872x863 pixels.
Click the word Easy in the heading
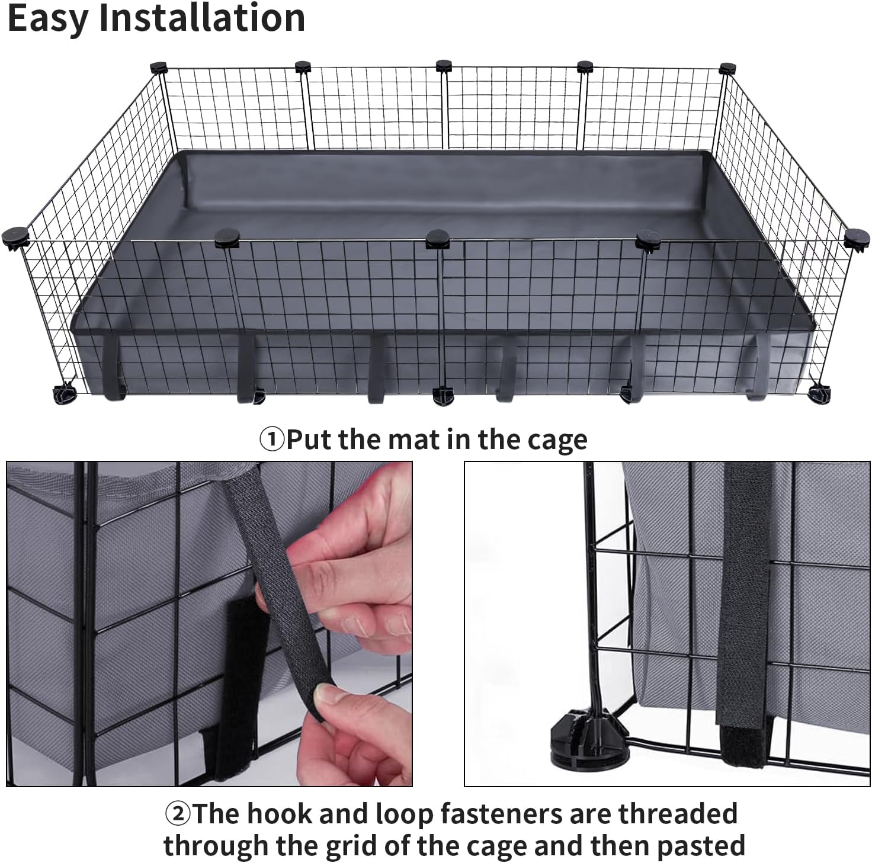[48, 19]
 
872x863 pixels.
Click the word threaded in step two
[678, 813]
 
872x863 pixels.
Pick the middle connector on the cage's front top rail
[438, 239]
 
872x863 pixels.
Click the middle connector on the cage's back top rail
[444, 66]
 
